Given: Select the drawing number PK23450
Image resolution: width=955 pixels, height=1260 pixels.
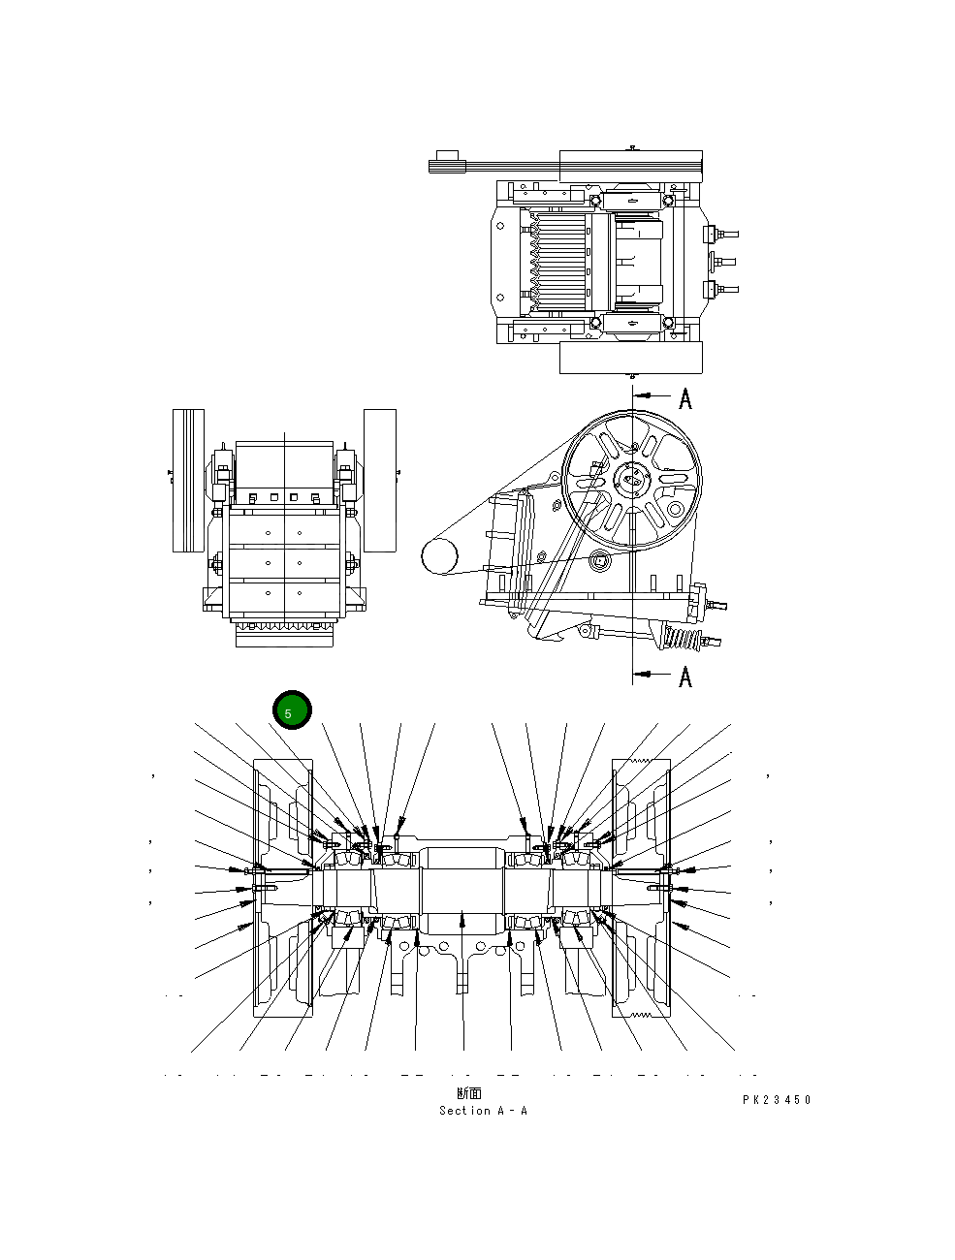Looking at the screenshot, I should pyautogui.click(x=777, y=1100).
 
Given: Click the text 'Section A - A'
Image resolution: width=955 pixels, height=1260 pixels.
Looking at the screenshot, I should pyautogui.click(x=483, y=1111).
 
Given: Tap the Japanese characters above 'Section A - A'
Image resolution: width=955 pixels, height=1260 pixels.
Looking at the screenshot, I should pyautogui.click(x=469, y=1094).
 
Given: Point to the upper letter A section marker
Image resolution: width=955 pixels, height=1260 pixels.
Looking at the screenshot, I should pyautogui.click(x=685, y=398).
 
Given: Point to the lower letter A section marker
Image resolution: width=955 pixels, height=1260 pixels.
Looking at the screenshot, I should pyautogui.click(x=685, y=677).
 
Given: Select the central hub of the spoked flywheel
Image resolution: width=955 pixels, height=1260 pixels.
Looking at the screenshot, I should pyautogui.click(x=631, y=479).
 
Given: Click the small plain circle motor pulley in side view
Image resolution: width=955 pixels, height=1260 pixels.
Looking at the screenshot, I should pyautogui.click(x=438, y=556).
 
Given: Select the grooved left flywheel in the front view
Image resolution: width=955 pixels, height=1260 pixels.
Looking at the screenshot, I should pyautogui.click(x=188, y=480).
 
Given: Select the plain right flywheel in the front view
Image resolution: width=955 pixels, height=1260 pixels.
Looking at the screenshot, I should pyautogui.click(x=380, y=480).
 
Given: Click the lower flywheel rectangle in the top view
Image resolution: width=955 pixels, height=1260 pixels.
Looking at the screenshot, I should pyautogui.click(x=630, y=358).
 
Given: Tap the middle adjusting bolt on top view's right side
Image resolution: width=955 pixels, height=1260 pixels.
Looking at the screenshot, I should pyautogui.click(x=722, y=261).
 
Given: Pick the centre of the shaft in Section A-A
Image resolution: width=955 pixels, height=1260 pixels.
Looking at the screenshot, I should pyautogui.click(x=462, y=882).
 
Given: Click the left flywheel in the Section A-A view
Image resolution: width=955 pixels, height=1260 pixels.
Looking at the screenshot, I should pyautogui.click(x=282, y=887).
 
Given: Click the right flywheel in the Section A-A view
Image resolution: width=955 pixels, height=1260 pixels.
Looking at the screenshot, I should pyautogui.click(x=642, y=887).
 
